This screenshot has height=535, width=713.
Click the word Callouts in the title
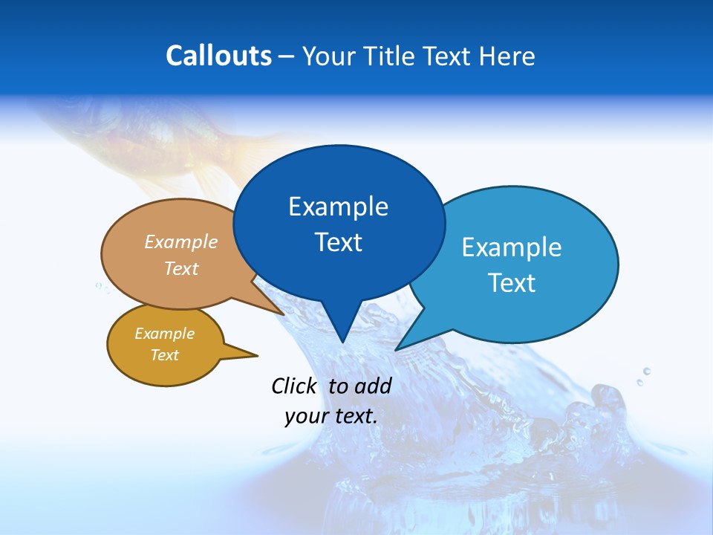point(218,56)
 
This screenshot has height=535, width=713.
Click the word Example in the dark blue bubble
point(338,207)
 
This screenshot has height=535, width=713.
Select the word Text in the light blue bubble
point(512,283)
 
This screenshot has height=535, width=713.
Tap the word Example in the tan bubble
point(181,242)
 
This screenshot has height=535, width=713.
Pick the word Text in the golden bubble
point(165,355)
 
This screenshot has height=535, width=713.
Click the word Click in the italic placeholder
point(293,386)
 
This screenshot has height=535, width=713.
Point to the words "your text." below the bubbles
point(331,415)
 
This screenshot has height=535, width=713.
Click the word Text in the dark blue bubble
point(339,242)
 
